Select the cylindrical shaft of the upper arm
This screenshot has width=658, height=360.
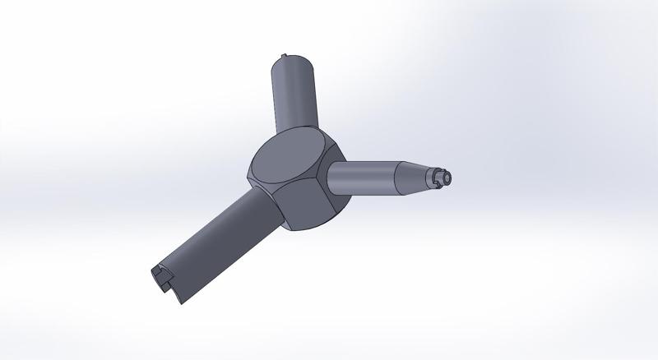pyautogui.click(x=294, y=95)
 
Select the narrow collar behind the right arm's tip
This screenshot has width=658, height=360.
pyautogui.click(x=433, y=176)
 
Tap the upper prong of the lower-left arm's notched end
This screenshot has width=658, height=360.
pyautogui.click(x=157, y=270)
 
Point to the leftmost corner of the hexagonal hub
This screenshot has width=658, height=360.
pyautogui.click(x=248, y=174)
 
